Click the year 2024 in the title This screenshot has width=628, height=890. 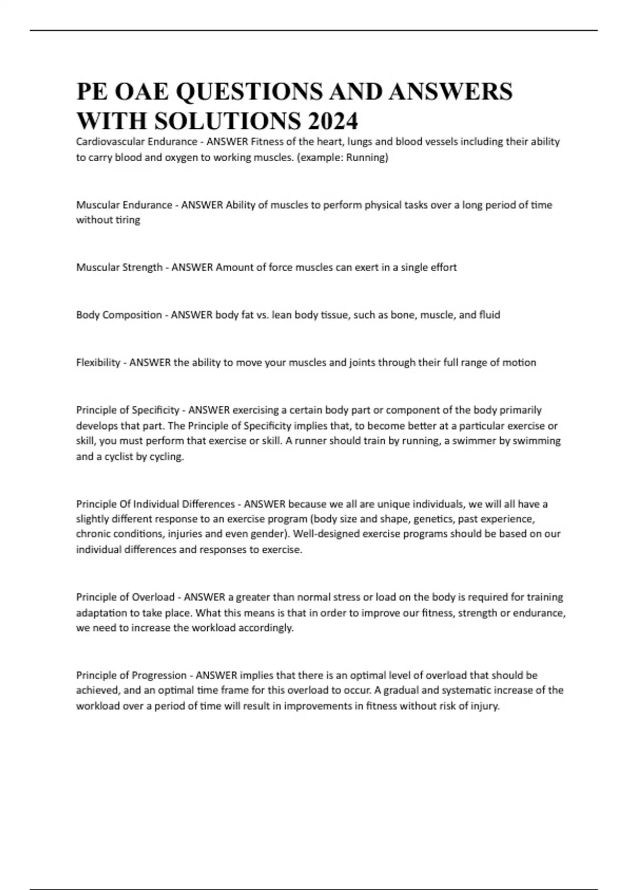[x=333, y=121]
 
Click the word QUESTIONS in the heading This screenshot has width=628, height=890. [x=249, y=92]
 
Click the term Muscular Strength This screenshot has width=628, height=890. [x=119, y=268]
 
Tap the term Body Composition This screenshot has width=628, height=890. [x=119, y=315]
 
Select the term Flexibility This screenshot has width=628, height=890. [x=98, y=362]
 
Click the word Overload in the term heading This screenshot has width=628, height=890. [x=153, y=597]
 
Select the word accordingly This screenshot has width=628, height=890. [x=266, y=628]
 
